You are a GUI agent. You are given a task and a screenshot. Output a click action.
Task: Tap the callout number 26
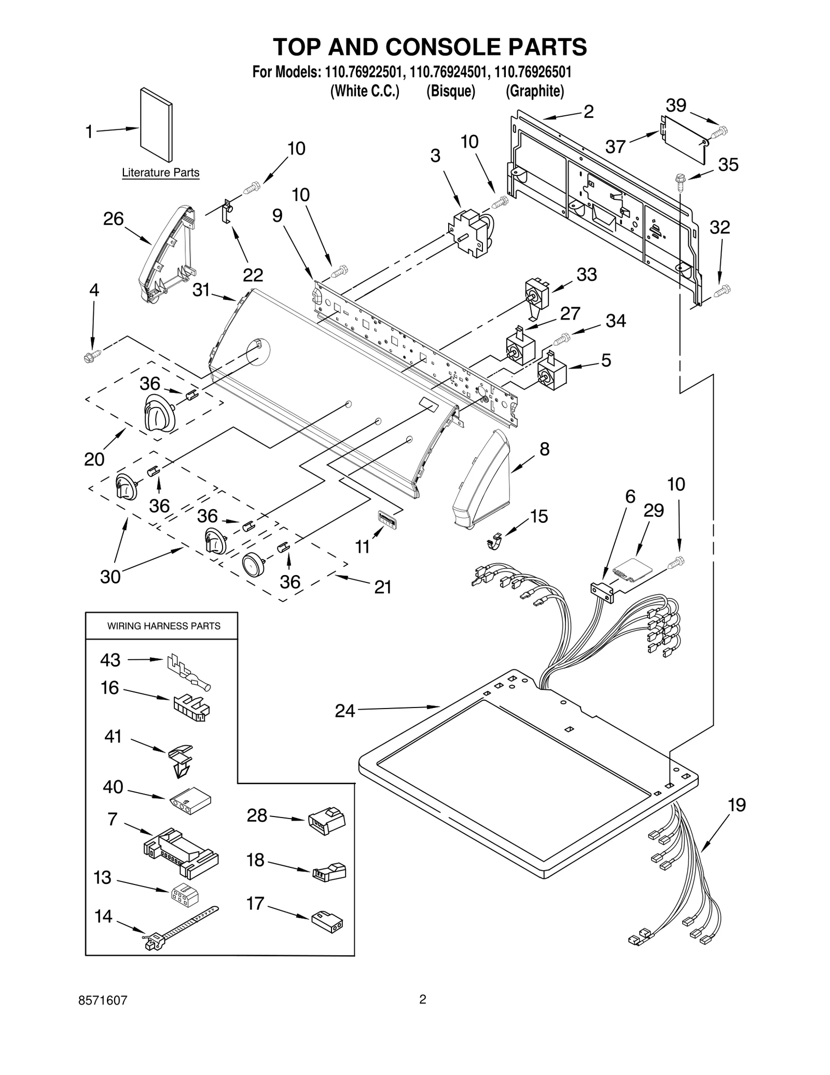[x=113, y=219]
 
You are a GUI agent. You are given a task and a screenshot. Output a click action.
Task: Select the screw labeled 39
[x=720, y=132]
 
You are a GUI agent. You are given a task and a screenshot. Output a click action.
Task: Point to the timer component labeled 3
[x=471, y=233]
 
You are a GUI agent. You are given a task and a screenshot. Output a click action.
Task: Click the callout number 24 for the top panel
[x=345, y=711]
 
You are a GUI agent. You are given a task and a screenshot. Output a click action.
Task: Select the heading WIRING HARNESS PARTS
[x=163, y=626]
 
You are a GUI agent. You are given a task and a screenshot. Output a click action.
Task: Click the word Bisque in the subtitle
[x=450, y=91]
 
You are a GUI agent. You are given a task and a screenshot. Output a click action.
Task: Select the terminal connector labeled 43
[x=188, y=673]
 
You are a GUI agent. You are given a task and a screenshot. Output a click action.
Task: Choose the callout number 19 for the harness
[x=736, y=805]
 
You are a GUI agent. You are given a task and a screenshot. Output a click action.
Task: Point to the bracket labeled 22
[x=227, y=211]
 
